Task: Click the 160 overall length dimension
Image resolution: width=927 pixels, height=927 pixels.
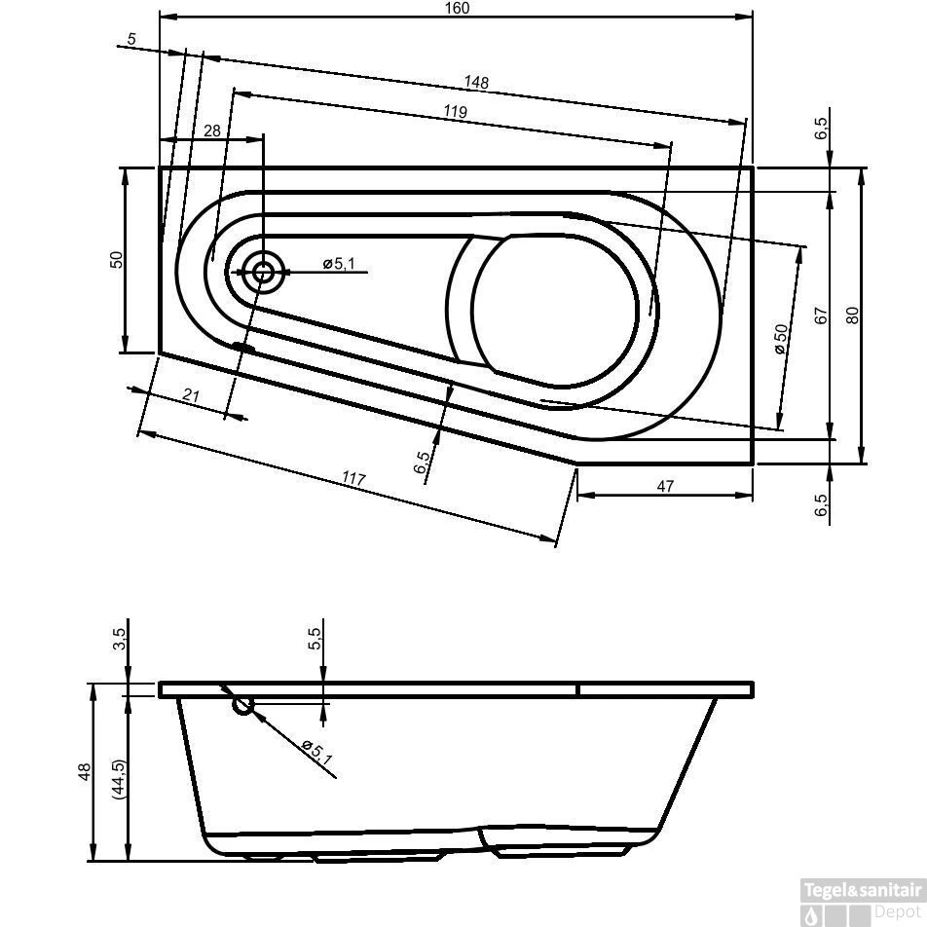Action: pyautogui.click(x=457, y=9)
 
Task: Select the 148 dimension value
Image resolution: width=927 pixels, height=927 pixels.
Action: pyautogui.click(x=476, y=83)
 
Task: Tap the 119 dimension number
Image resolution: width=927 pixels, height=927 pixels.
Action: pyautogui.click(x=455, y=112)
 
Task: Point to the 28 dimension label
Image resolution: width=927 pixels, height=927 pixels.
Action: pyautogui.click(x=211, y=130)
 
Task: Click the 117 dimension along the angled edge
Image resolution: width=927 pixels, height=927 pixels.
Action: pyautogui.click(x=353, y=479)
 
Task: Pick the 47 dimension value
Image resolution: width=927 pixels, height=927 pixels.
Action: pyautogui.click(x=665, y=486)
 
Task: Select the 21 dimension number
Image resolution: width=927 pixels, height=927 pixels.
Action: pyautogui.click(x=191, y=394)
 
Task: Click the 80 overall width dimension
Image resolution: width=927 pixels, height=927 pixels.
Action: pyautogui.click(x=853, y=315)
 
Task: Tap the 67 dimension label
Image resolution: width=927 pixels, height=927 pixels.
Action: pyautogui.click(x=821, y=315)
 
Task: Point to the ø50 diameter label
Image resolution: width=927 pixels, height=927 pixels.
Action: pyautogui.click(x=780, y=338)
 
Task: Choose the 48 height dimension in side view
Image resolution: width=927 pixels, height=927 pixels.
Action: pyautogui.click(x=85, y=771)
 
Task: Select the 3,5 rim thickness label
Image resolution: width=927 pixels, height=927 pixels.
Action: pyautogui.click(x=119, y=639)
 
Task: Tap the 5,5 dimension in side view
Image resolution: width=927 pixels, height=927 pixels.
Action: pyautogui.click(x=314, y=639)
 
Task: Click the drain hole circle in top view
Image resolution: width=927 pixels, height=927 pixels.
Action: pyautogui.click(x=263, y=273)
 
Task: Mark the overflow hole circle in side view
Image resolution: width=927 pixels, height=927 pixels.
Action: pyautogui.click(x=242, y=705)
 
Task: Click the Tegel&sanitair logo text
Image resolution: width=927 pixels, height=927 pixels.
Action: pyautogui.click(x=861, y=889)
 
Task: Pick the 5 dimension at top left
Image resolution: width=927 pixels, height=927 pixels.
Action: pyautogui.click(x=130, y=40)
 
